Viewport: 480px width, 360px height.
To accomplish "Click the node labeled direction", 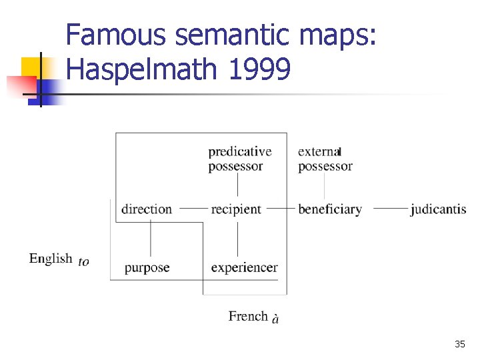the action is (147, 209).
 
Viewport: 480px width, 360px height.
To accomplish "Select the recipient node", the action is (236, 209).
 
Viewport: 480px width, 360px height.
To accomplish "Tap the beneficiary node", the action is (330, 209).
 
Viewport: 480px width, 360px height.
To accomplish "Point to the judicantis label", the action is (438, 209).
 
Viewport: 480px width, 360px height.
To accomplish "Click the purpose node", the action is (147, 268).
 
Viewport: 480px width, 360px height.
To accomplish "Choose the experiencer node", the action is (244, 268).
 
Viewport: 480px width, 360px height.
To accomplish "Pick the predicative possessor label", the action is (239, 159).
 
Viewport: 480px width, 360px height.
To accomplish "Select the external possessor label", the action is (325, 159).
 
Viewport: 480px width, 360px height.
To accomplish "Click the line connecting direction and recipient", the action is (194, 209).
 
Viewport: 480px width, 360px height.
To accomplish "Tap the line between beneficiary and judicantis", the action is (391, 209).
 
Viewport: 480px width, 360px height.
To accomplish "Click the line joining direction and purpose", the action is (151, 239).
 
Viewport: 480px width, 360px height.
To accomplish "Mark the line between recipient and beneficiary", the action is (281, 209).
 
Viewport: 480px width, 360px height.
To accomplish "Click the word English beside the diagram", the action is (51, 259).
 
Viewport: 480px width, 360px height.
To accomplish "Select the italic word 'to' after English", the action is (83, 262).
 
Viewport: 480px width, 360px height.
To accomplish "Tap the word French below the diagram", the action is (248, 316).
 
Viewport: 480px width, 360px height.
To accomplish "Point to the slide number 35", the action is (459, 344).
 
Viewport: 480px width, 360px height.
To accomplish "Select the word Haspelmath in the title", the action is (143, 69).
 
